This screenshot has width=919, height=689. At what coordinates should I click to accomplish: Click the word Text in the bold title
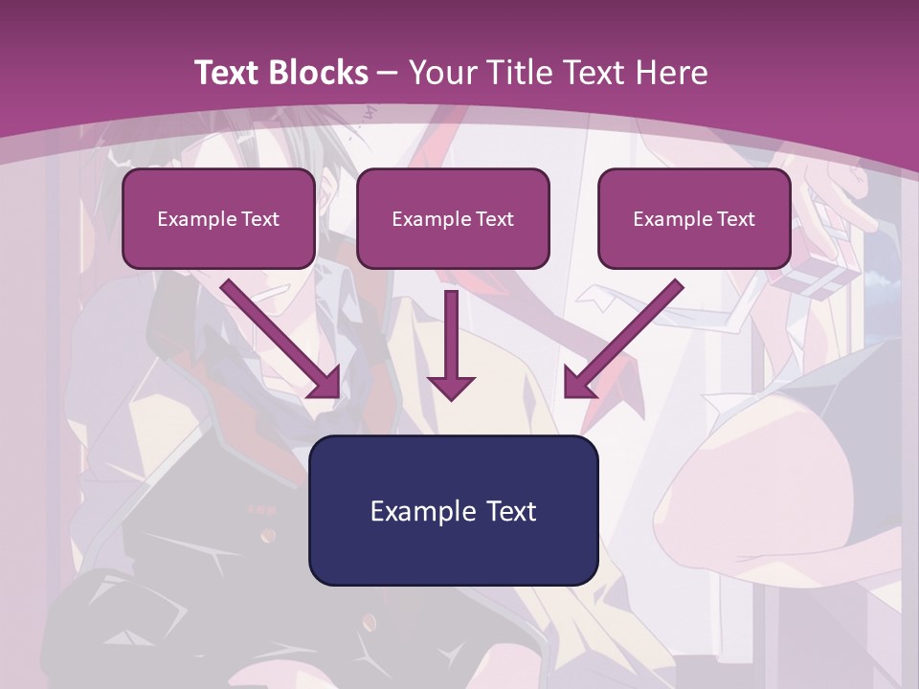(227, 73)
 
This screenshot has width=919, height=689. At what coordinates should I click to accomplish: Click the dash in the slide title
(388, 74)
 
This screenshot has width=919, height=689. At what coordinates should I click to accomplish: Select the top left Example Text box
(218, 218)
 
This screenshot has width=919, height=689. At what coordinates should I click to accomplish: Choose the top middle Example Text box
(453, 218)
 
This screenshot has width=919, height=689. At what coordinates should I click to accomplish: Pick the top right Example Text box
(694, 218)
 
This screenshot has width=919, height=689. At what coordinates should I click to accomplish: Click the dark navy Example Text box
(453, 510)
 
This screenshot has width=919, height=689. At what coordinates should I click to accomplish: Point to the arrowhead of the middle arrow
(451, 387)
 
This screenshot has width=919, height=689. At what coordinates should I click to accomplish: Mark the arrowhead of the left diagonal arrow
(325, 383)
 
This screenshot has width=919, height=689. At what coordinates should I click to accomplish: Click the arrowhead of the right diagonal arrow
(579, 383)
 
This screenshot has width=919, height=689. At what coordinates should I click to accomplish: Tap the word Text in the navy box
(511, 511)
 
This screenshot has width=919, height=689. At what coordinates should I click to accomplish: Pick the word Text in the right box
(735, 219)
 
